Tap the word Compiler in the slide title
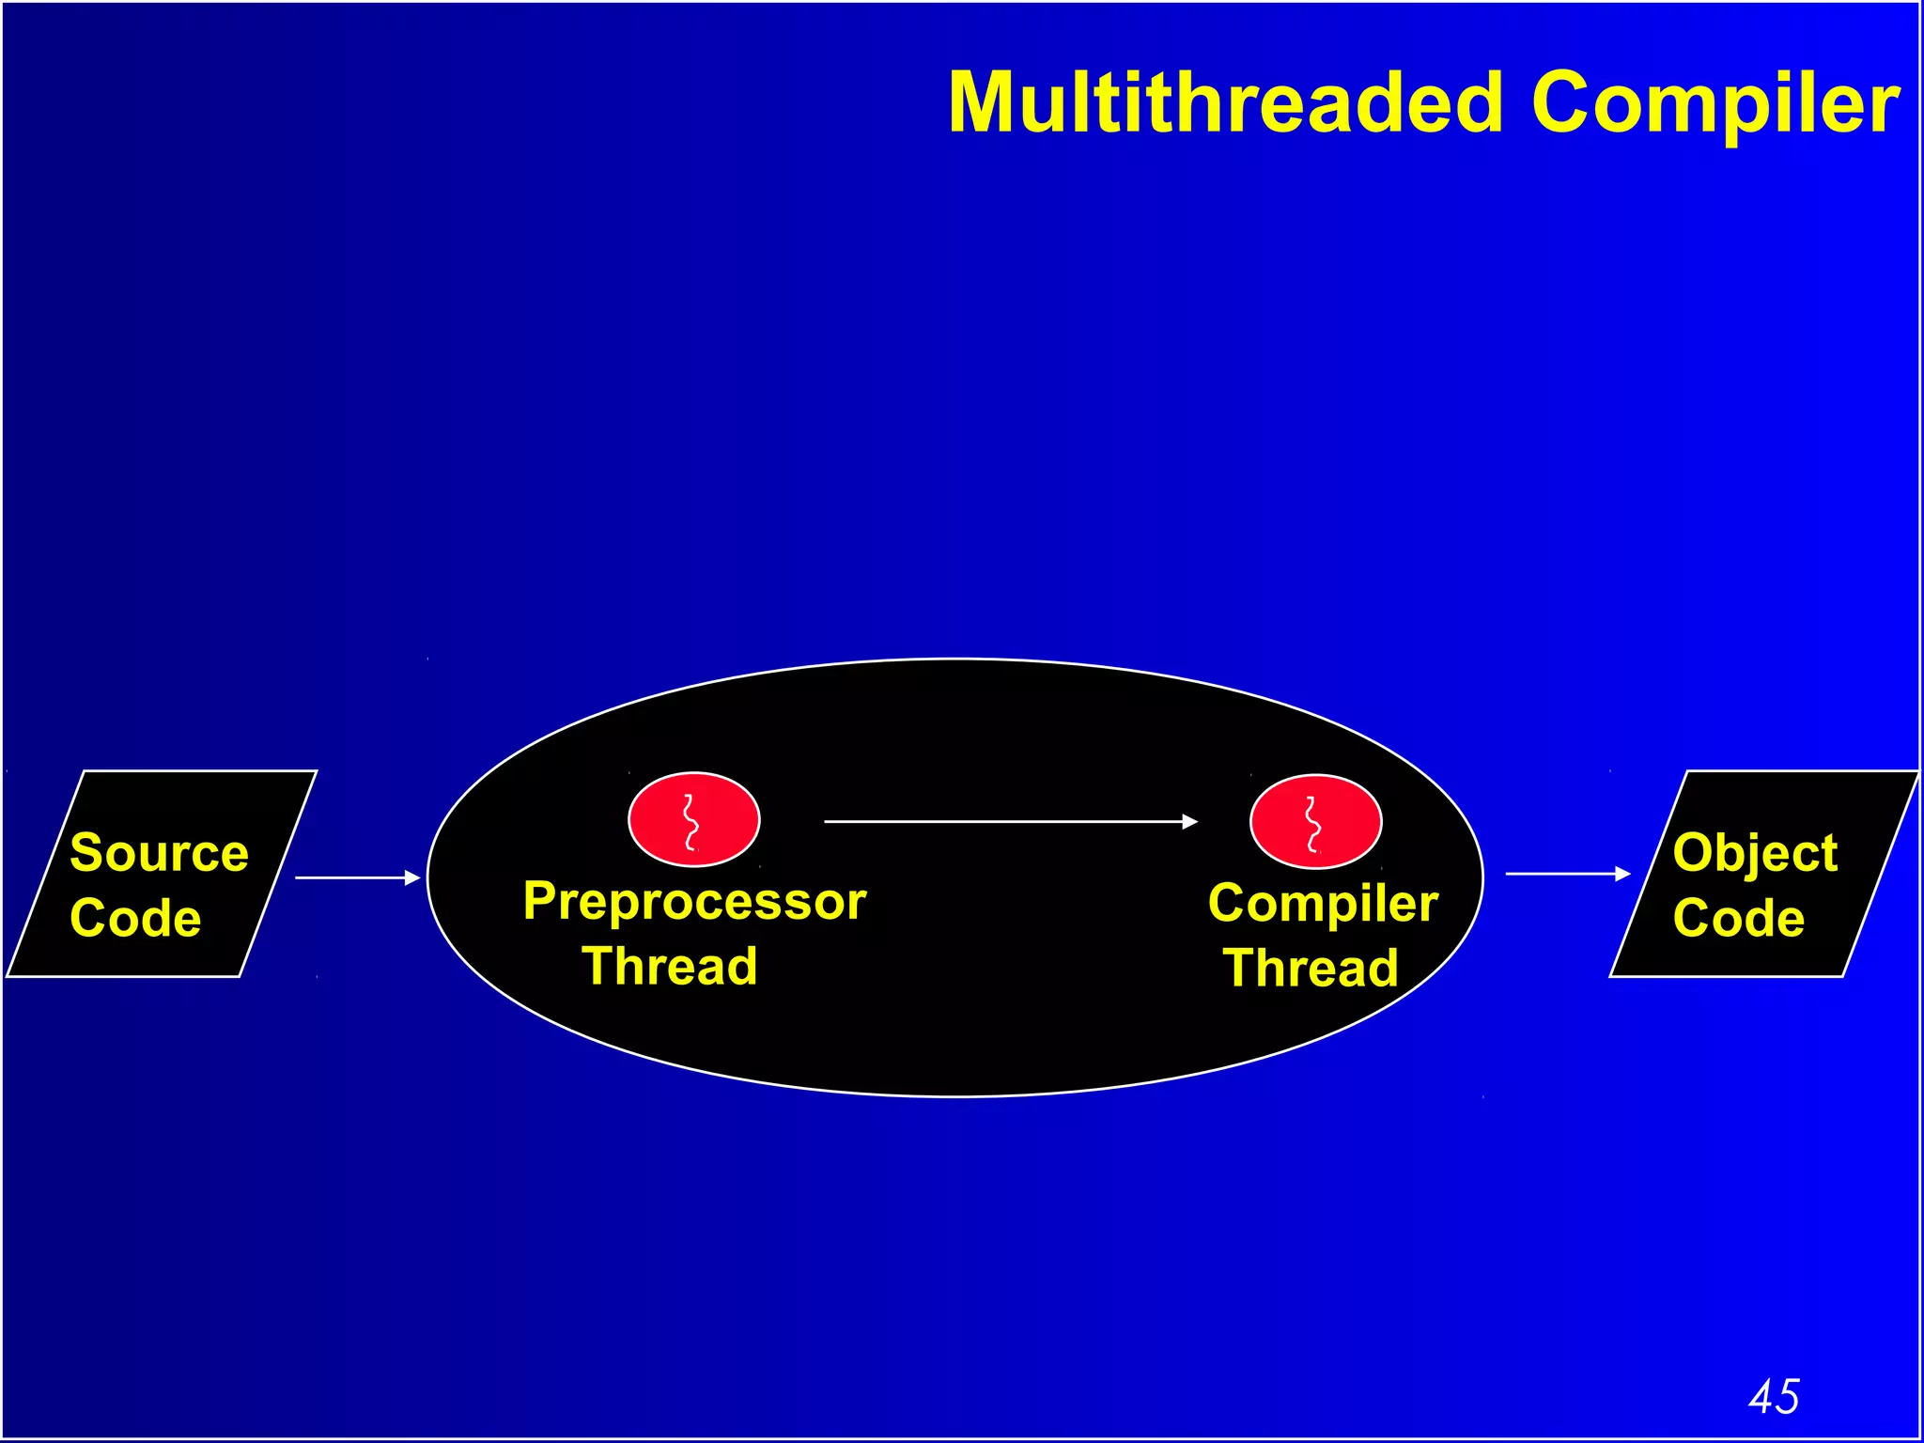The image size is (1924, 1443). coord(1715,103)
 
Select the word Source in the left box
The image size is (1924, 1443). coord(159,853)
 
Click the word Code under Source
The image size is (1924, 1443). coord(135,918)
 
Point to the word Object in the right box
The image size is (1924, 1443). coord(1755,853)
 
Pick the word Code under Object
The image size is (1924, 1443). coord(1738,918)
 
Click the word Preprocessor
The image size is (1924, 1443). coord(694,902)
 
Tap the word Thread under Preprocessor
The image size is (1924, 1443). coord(669,967)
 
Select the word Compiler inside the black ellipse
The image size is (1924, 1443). coord(1323,904)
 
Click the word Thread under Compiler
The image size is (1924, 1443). coord(1311,969)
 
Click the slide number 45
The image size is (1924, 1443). coord(1774,1396)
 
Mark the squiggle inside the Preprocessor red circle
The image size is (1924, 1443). coord(690,821)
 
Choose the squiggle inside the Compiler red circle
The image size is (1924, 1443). coord(1312,824)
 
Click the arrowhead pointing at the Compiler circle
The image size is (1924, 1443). coord(1190,821)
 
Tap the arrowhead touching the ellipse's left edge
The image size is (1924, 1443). coord(412,877)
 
